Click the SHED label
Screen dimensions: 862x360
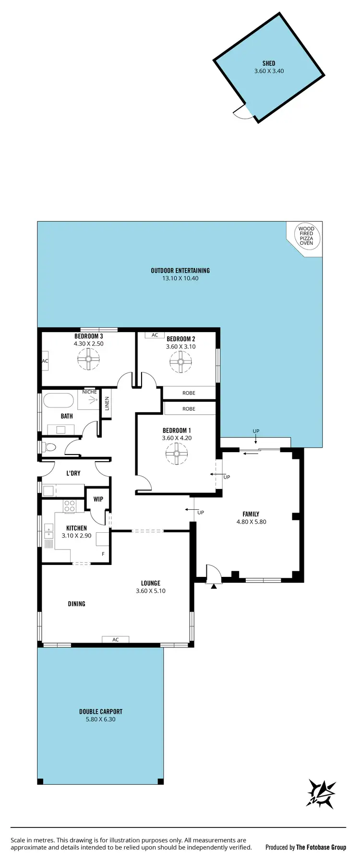pos(269,63)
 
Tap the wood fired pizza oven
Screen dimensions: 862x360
pos(306,236)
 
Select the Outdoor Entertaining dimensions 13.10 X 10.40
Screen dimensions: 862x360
pos(180,278)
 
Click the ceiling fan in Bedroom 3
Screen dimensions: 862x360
pos(88,359)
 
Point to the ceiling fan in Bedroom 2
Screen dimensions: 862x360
pos(180,361)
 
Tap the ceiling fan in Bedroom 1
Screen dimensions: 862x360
pos(176,453)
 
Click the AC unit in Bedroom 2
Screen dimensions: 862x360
pos(155,335)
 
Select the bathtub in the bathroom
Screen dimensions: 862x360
pos(59,400)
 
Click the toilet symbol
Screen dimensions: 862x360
pos(49,447)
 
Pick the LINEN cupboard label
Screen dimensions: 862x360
pos(107,403)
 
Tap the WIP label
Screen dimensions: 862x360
pos(98,499)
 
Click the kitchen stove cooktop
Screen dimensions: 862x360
pos(70,506)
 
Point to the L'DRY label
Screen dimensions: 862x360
pos(73,473)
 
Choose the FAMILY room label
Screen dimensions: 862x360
pos(251,514)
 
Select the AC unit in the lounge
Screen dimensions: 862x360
pos(115,639)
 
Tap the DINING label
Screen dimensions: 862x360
pos(76,604)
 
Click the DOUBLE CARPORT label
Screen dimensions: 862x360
pos(101,711)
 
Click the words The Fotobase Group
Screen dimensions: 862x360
pos(321,847)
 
